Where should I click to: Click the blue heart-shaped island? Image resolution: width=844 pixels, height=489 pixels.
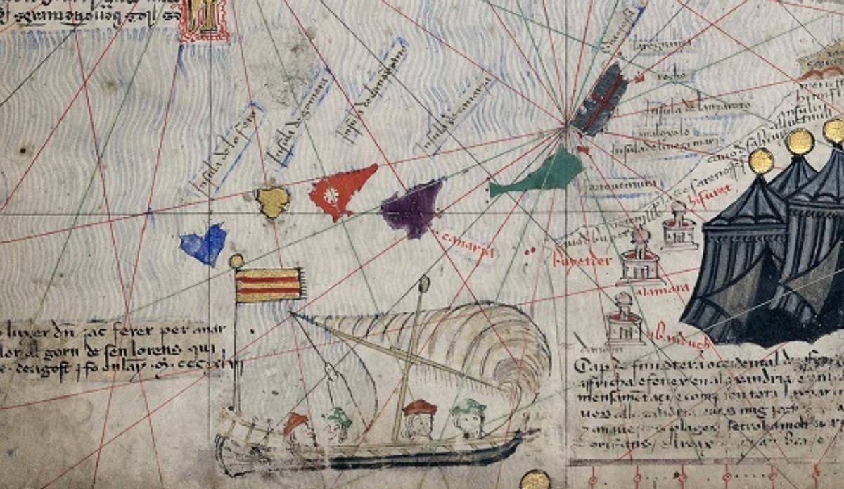[x=204, y=244]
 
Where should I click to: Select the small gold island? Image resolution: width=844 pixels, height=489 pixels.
[x=272, y=202]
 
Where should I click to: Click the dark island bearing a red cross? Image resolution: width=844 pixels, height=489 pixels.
[x=600, y=99]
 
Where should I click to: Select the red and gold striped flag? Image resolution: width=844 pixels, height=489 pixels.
[x=269, y=285]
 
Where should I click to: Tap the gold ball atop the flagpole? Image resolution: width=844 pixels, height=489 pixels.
[x=236, y=261]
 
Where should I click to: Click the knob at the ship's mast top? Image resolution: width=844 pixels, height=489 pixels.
[x=424, y=283]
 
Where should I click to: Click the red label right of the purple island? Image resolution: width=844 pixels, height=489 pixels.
[x=467, y=243]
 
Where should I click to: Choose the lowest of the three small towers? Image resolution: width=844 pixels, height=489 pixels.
[x=625, y=320]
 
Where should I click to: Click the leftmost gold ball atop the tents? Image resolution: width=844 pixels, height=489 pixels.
[x=761, y=161]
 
